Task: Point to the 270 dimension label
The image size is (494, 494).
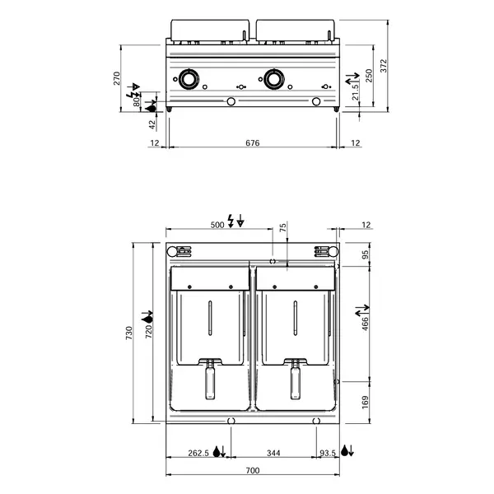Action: (x=117, y=78)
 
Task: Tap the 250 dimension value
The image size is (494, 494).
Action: (x=370, y=75)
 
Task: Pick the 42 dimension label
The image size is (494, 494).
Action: (x=151, y=125)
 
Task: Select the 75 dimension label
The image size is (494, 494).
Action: (x=284, y=229)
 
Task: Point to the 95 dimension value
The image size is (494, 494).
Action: (x=366, y=255)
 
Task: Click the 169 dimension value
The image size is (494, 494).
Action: (x=366, y=402)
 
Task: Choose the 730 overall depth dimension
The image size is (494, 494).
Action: (x=128, y=333)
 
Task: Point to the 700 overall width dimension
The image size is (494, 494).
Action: (x=252, y=470)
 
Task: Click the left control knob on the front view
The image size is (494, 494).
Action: (x=189, y=79)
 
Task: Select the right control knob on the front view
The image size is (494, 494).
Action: (x=273, y=79)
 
